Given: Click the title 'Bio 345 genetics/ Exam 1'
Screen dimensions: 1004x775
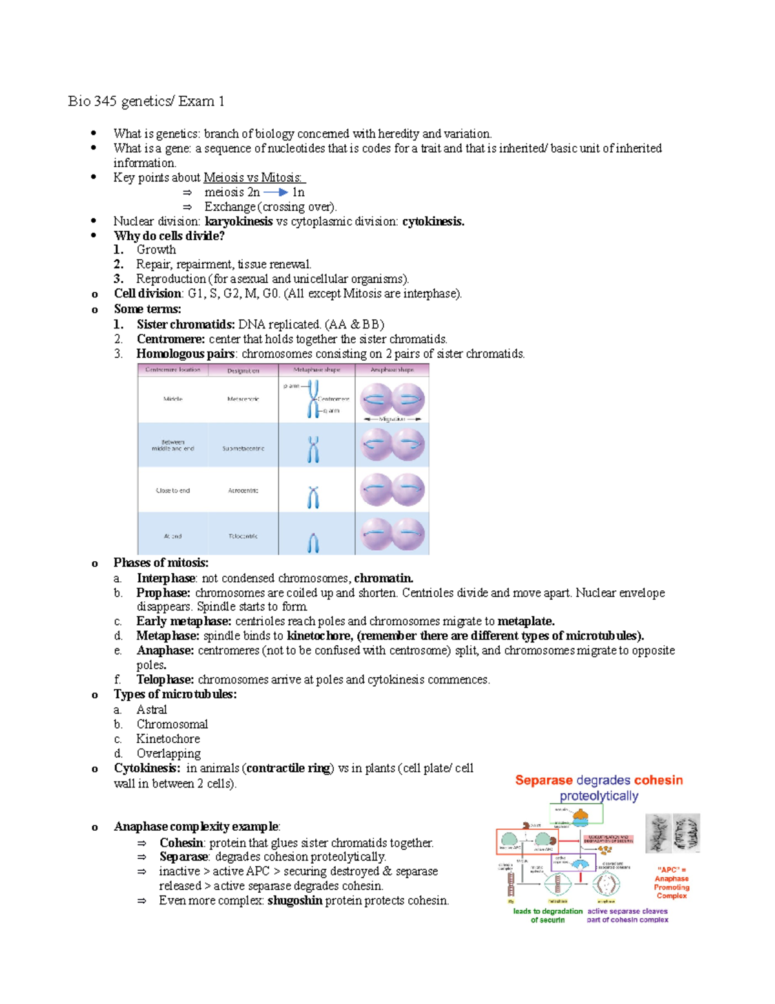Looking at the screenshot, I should (146, 101).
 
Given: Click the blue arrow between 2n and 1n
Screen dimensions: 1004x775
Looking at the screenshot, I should (276, 192).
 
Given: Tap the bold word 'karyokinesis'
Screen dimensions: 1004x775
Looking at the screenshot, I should (238, 221).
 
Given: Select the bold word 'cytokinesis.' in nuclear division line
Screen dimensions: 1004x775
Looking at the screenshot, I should (433, 221).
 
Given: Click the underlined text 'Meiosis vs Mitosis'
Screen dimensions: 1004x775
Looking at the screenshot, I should (253, 177).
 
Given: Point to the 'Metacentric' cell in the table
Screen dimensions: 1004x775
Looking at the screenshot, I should (243, 399).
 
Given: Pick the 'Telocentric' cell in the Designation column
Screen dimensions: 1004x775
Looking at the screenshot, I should (243, 536).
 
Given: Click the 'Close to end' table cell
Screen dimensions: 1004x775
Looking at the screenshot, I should (172, 491).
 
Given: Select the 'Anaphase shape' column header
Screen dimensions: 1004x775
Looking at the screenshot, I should (392, 370).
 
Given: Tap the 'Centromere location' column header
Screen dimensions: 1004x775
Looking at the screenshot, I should (172, 370).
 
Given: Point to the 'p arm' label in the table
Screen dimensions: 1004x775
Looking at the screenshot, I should (291, 386).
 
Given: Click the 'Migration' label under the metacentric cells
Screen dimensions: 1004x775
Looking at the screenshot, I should (391, 419).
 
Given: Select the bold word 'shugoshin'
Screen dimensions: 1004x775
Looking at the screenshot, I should (294, 901).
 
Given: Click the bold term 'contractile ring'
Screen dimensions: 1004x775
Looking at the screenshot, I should (289, 768).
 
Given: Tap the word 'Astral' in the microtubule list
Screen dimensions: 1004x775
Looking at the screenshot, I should (151, 709).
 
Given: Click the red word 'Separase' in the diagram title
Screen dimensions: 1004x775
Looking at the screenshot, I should (544, 780).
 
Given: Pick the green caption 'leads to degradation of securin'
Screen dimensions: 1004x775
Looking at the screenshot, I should (548, 915).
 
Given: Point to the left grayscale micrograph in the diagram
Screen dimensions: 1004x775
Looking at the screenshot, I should (659, 833).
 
